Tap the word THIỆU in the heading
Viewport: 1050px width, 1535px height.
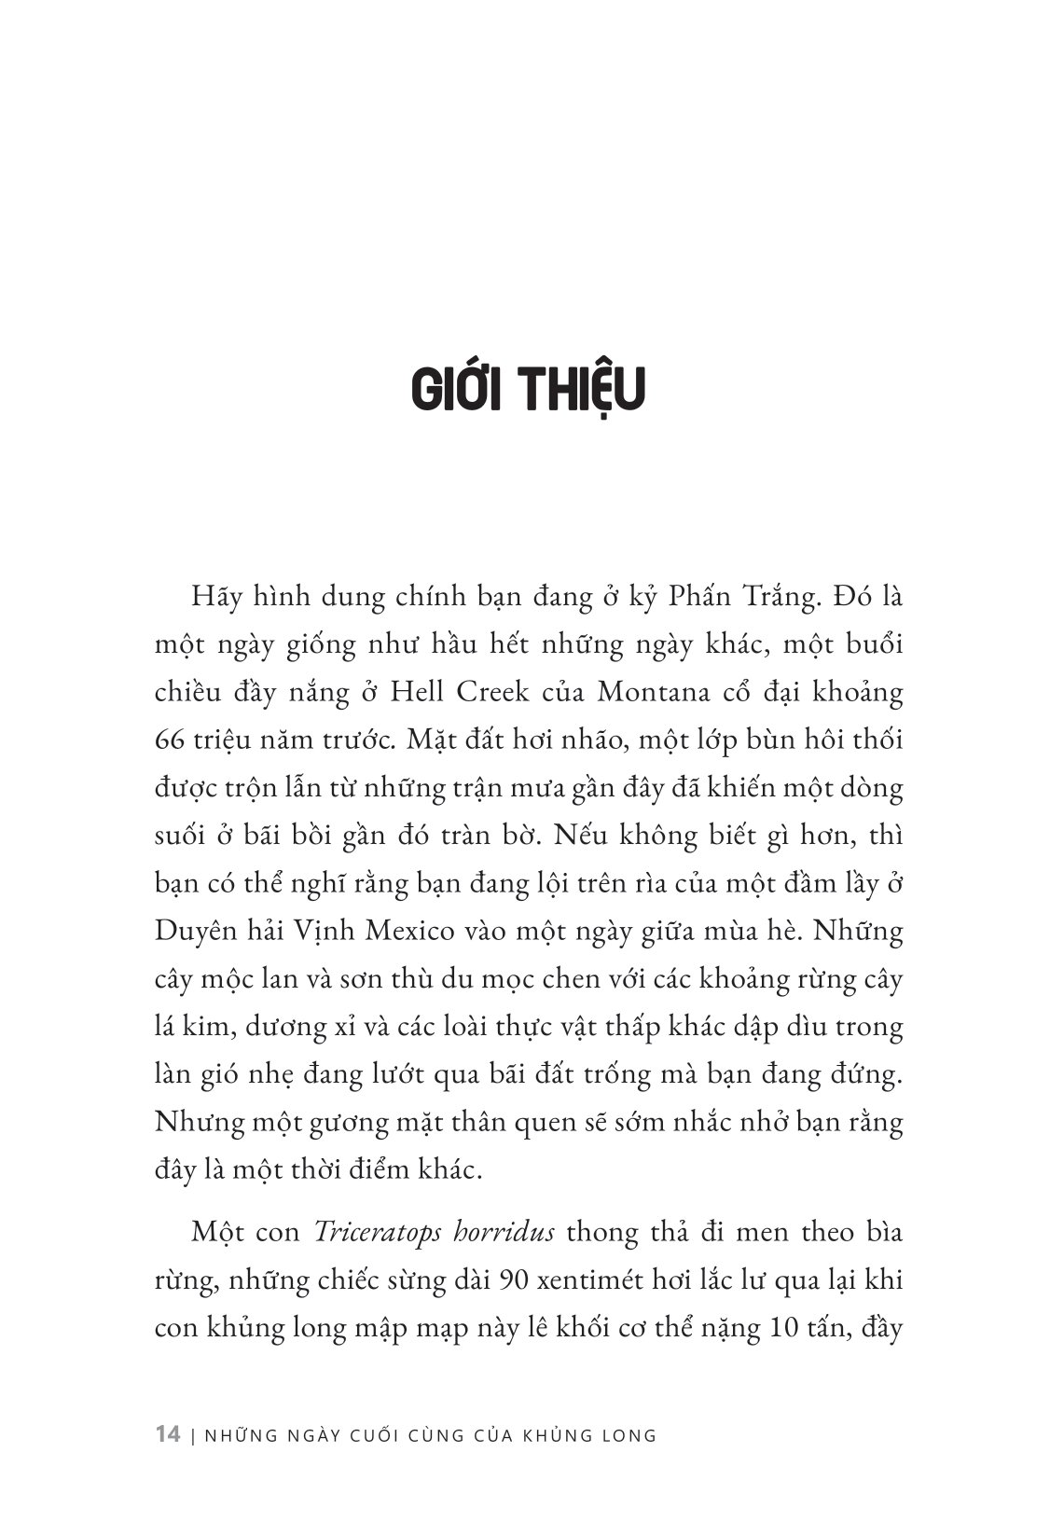[579, 390]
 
